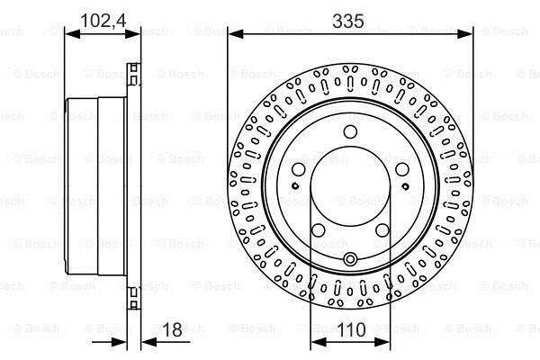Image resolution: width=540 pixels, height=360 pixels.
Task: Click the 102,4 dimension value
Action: [x=103, y=21]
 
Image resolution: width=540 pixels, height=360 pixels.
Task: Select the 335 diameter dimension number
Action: [x=348, y=21]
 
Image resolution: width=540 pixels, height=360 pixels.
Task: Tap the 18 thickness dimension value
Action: [x=172, y=329]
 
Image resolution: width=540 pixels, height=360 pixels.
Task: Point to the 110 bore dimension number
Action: [x=351, y=329]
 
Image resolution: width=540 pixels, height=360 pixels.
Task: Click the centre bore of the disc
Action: [x=350, y=186]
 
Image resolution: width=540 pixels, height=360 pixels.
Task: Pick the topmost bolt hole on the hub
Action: [x=350, y=131]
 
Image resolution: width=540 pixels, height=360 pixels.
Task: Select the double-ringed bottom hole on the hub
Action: [x=350, y=258]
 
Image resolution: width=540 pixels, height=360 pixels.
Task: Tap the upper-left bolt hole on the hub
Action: [x=299, y=169]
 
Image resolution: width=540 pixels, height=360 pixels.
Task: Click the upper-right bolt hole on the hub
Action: [x=402, y=169]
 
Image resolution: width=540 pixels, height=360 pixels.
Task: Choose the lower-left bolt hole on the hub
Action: [x=319, y=230]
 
